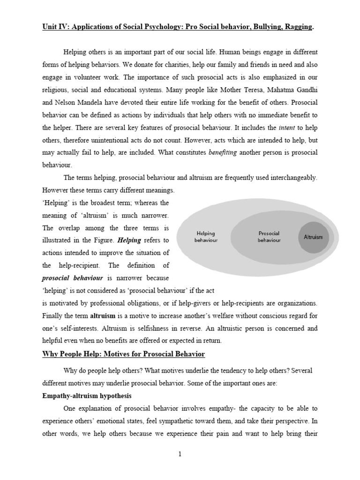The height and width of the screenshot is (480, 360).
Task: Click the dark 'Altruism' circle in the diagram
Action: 314,237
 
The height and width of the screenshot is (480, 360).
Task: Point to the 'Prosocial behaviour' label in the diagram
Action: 269,237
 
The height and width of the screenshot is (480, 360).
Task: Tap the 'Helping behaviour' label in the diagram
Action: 206,237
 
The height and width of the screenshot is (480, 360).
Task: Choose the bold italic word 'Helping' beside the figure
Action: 129,240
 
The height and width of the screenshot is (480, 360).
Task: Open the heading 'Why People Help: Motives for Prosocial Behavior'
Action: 124,354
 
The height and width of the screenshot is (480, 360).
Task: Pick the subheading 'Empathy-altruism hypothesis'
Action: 86,396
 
